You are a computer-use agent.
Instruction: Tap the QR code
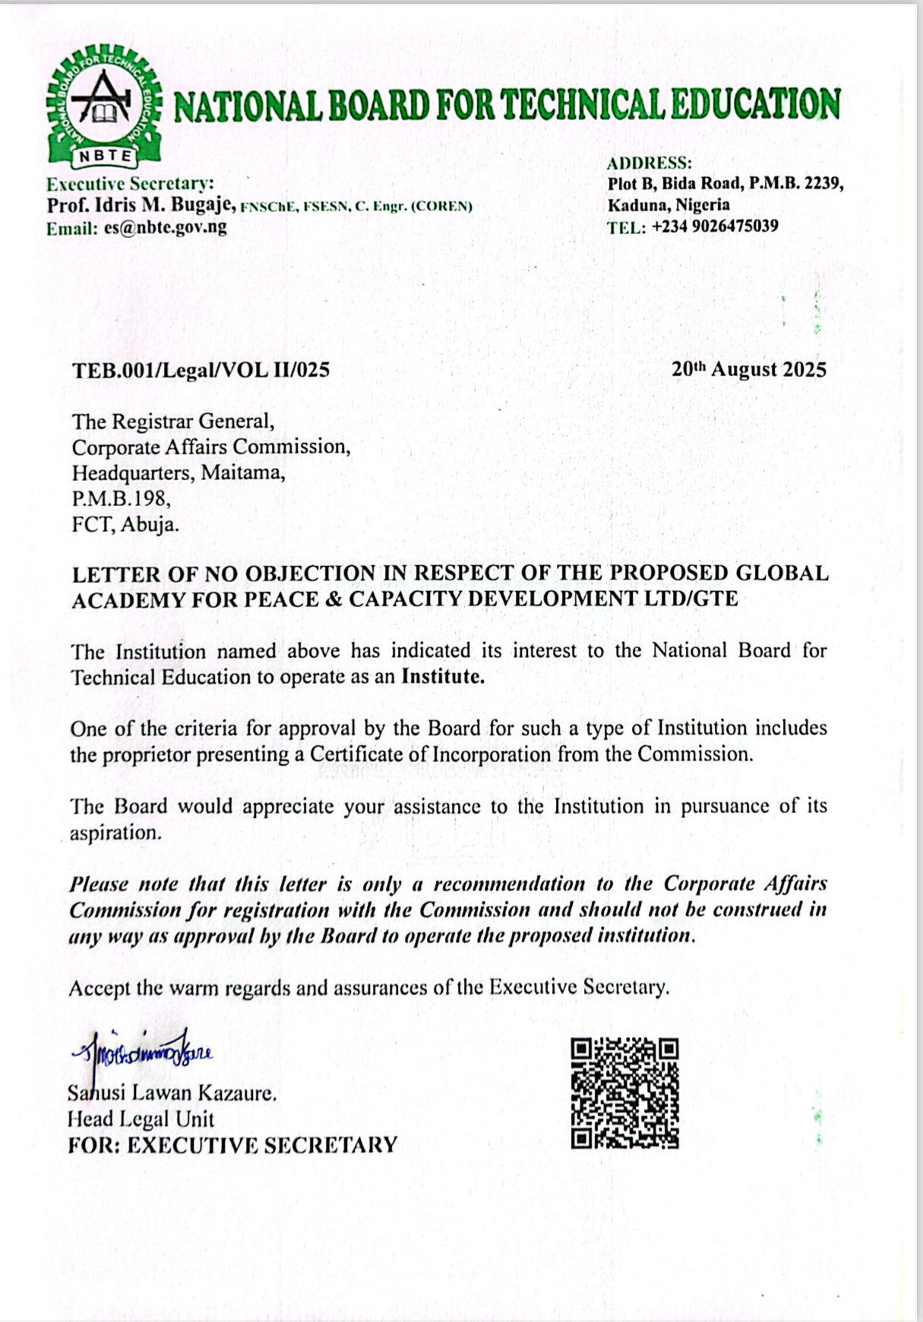point(624,1093)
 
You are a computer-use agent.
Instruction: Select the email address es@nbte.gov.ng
point(165,227)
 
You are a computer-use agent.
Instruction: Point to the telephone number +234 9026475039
point(714,226)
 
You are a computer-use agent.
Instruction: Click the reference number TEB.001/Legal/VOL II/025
point(201,370)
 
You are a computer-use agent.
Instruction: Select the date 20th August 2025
point(748,370)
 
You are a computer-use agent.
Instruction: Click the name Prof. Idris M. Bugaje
point(142,205)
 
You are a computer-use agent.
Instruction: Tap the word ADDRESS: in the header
point(649,163)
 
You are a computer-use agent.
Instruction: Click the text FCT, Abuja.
point(125,524)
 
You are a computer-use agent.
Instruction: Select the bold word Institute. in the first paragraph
point(442,677)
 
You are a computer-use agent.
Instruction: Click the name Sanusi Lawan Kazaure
point(172,1093)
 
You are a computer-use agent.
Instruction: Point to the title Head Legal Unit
point(141,1119)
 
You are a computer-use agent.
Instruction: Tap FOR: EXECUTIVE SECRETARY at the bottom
point(232,1145)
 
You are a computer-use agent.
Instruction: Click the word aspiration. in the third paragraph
point(115,833)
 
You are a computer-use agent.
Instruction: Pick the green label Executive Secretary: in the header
point(131,184)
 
